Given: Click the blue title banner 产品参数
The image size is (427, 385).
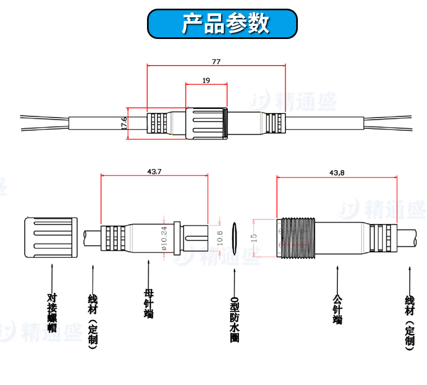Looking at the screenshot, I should (x=223, y=24).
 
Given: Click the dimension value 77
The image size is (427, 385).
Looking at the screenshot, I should (x=216, y=61).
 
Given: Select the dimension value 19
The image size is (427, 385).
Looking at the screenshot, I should (x=206, y=80).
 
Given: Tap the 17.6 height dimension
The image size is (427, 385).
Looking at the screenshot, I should (x=124, y=123).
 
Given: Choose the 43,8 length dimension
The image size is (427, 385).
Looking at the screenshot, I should (x=336, y=173).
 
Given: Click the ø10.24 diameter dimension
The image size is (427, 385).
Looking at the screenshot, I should (x=164, y=238).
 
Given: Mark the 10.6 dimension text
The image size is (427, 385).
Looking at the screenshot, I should (x=219, y=238).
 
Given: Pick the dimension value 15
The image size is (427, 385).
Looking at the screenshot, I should (x=254, y=237).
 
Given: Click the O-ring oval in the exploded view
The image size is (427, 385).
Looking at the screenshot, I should (x=235, y=237).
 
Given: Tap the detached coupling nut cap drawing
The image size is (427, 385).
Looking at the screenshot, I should (x=51, y=237).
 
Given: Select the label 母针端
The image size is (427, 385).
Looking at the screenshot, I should (x=149, y=303).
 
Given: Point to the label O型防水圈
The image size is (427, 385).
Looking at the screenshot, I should (x=235, y=319).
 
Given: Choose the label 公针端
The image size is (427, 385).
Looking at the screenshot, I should (x=338, y=309).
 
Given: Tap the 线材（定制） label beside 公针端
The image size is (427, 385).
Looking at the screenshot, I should (x=409, y=321).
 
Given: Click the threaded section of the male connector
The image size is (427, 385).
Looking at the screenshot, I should (x=296, y=237).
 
